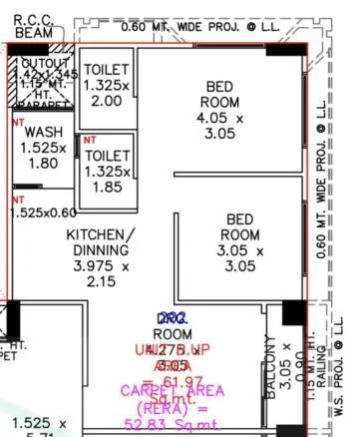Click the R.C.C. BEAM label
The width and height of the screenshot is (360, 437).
38,26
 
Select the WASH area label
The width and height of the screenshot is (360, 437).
42,133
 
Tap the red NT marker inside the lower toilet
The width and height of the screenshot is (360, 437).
90,140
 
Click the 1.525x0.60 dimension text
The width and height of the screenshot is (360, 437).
43,213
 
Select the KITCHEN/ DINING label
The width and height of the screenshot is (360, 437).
100,242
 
